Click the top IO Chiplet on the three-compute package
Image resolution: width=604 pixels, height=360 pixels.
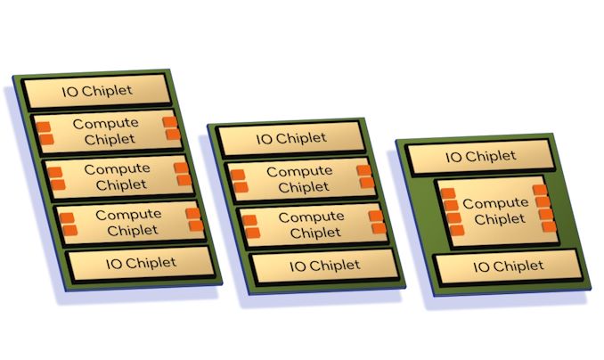(x=97, y=91)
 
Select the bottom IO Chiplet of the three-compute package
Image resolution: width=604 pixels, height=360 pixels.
(x=141, y=264)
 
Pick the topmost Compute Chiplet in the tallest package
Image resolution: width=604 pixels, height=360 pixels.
(x=108, y=131)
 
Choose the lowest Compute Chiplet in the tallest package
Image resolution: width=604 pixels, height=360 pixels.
(x=130, y=223)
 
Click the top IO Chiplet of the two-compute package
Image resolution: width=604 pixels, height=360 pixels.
(x=290, y=138)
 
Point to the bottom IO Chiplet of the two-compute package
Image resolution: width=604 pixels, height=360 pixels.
(x=325, y=266)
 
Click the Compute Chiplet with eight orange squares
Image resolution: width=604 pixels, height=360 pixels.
(x=498, y=211)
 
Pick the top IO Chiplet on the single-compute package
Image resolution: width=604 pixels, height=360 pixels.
(x=480, y=157)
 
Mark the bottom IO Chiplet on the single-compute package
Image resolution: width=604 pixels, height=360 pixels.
(x=508, y=266)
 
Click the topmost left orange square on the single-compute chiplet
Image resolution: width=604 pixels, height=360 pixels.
(x=448, y=193)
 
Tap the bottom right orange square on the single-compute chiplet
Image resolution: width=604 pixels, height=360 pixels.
(x=550, y=226)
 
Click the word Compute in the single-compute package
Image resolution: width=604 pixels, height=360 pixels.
(x=495, y=203)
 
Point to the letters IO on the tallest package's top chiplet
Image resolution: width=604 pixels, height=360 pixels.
(x=70, y=92)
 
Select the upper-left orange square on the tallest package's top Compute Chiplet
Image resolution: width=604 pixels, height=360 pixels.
(x=43, y=127)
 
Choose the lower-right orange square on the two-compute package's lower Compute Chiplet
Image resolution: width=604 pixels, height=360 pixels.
(x=380, y=229)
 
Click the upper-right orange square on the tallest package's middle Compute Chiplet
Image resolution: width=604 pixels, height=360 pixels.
(x=181, y=168)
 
